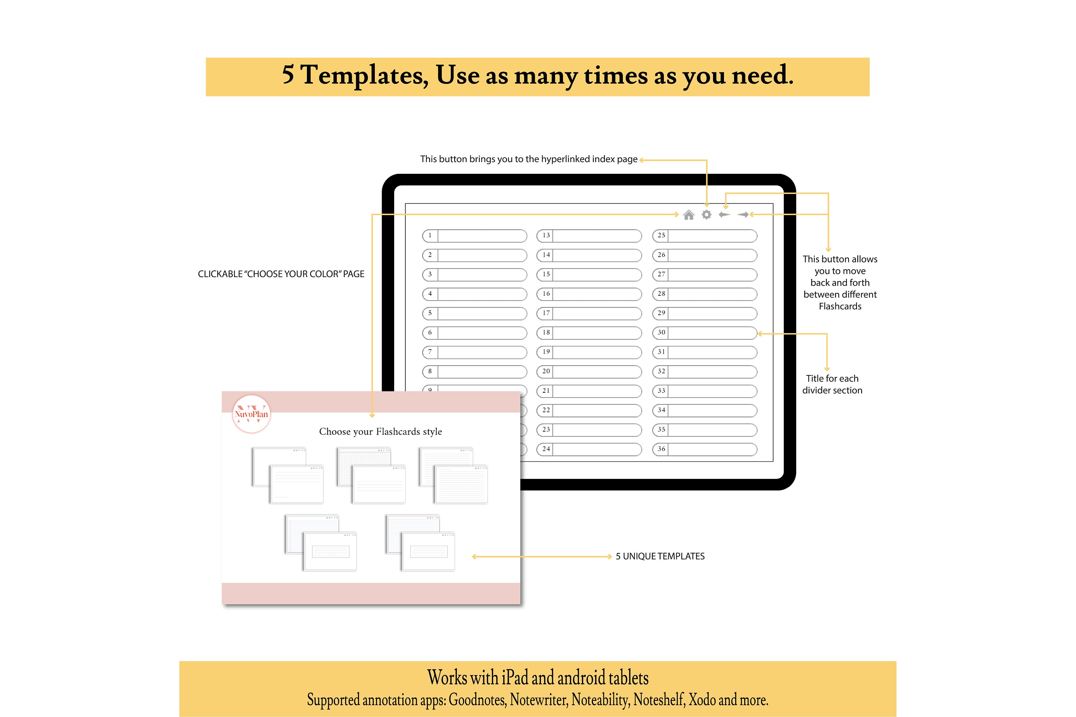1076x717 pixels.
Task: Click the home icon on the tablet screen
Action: coord(689,215)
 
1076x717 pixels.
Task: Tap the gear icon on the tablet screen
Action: coord(706,215)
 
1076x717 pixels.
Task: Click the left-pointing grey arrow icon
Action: coord(724,214)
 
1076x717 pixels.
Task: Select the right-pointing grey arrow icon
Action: coord(742,214)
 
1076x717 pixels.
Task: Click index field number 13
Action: coord(589,236)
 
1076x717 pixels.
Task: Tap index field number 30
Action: coord(704,333)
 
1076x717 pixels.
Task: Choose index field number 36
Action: coord(704,450)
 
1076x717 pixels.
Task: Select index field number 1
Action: coord(475,236)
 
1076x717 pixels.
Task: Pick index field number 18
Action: coord(589,333)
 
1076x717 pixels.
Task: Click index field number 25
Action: coord(704,236)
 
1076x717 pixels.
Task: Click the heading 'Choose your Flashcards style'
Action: coord(380,432)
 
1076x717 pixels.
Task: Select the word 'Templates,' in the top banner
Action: coord(365,75)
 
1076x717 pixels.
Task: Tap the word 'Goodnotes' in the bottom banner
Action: coord(477,700)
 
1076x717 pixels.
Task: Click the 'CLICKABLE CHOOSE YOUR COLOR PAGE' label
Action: coord(281,274)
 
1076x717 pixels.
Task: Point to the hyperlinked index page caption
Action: coord(528,159)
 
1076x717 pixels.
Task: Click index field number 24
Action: coord(589,450)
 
